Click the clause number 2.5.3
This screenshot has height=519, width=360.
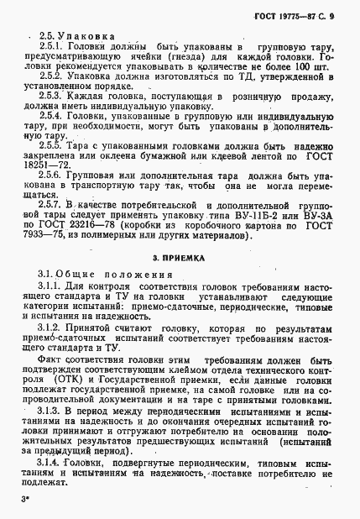point(52,111)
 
